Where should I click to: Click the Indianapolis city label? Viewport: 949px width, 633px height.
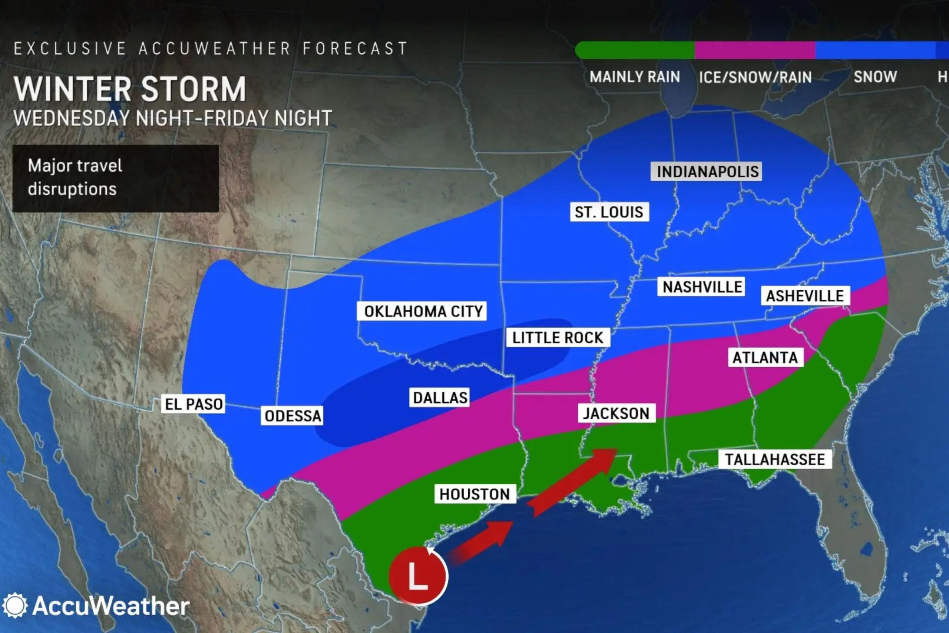point(707,172)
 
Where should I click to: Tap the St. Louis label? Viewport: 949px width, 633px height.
point(609,212)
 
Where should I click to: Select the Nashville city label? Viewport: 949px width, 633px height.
point(701,287)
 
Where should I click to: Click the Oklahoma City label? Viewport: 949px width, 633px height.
point(422,311)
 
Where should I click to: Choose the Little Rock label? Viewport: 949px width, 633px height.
point(558,337)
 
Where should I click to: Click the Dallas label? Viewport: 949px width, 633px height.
point(440,398)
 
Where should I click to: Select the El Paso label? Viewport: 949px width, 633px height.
point(194,404)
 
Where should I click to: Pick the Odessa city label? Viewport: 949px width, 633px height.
point(293,416)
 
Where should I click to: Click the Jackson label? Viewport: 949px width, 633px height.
point(616,413)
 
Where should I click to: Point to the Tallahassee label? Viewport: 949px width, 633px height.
point(775,459)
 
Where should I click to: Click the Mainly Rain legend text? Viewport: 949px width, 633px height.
point(635,77)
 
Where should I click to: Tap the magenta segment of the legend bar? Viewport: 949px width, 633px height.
point(754,50)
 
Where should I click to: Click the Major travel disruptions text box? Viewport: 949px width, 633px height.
point(115,178)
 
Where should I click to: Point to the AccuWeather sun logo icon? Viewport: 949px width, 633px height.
point(15,606)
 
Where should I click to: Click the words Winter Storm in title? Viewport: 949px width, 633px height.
point(130,89)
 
